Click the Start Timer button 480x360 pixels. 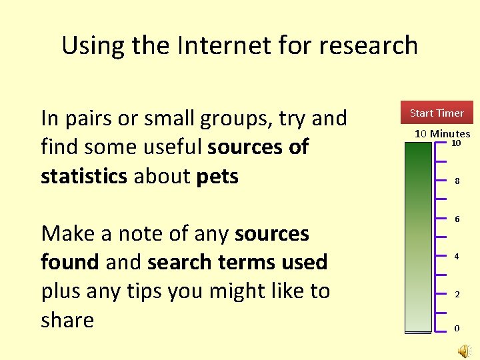[437, 113]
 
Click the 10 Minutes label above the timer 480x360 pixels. [442, 134]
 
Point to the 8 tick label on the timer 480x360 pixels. [457, 181]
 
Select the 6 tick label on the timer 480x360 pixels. [457, 219]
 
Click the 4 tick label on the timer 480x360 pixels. [457, 256]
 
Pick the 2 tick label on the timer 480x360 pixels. [457, 294]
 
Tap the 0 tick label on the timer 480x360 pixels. [457, 328]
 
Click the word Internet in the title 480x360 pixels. [210, 45]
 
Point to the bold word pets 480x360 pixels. [217, 176]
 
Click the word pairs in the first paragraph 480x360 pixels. [93, 119]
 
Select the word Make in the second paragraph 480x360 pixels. [68, 233]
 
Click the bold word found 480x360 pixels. [70, 262]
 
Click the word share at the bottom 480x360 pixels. [67, 320]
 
